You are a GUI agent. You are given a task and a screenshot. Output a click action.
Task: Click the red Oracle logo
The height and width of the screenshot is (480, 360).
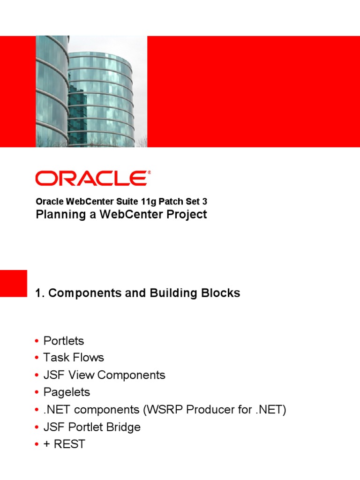pyautogui.click(x=93, y=179)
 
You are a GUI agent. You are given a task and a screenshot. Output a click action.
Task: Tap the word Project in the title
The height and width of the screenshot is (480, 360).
pyautogui.click(x=187, y=215)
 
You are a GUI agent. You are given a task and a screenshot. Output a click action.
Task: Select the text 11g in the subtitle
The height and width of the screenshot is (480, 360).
pyautogui.click(x=147, y=202)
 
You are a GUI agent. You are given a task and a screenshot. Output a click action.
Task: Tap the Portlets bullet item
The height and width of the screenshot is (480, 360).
pyautogui.click(x=63, y=341)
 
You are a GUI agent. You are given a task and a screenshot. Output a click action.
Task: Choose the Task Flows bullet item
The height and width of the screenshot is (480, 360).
pyautogui.click(x=73, y=358)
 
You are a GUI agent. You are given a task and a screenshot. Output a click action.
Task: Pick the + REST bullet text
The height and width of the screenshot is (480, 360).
pyautogui.click(x=64, y=444)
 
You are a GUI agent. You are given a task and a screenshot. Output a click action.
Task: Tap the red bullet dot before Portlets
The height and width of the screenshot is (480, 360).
pyautogui.click(x=37, y=341)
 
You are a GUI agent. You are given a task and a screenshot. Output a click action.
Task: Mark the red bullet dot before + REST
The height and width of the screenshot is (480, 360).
pyautogui.click(x=37, y=444)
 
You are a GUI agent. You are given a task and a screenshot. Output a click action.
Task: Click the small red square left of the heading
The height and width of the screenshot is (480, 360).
pyautogui.click(x=13, y=283)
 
